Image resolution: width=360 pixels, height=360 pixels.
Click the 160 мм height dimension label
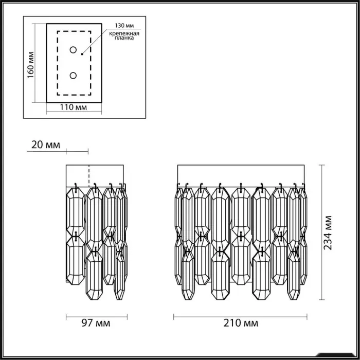30,65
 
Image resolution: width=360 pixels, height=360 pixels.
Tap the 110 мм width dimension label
74,107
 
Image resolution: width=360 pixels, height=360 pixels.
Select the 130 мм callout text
124,26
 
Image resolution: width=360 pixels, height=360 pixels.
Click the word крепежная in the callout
124,33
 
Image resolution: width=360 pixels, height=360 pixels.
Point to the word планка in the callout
124,38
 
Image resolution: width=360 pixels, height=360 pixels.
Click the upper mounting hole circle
73,50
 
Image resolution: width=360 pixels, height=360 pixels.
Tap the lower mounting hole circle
73,75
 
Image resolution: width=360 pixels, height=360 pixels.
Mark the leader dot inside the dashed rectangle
82,54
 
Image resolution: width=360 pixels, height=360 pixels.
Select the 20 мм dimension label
46,145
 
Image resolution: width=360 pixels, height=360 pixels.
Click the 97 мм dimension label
96,323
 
